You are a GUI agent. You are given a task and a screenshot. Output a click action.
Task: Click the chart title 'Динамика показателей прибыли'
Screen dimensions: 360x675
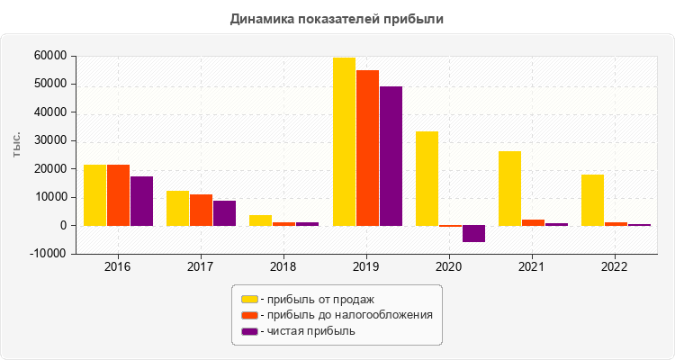[x=337, y=18]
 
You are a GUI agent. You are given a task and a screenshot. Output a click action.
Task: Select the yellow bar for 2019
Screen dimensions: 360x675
[x=344, y=141]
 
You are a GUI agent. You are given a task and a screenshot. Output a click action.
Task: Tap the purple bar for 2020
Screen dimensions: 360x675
[x=473, y=234]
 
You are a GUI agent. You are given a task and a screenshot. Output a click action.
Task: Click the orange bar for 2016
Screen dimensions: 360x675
[x=118, y=195]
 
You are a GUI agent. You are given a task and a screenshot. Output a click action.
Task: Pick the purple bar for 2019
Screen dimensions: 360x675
[x=391, y=156]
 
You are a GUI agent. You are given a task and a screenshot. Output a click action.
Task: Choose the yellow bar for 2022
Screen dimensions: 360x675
[x=592, y=200]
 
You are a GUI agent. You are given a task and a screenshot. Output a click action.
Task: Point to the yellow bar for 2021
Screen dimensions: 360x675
[x=509, y=188]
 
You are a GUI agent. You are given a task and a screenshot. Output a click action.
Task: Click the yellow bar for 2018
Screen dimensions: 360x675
[x=260, y=220]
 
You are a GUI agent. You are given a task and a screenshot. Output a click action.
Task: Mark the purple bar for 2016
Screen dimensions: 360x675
[x=141, y=201]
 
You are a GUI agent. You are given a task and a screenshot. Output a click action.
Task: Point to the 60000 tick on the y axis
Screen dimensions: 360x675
[x=49, y=56]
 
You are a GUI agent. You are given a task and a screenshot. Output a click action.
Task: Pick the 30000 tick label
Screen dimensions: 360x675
[x=49, y=140]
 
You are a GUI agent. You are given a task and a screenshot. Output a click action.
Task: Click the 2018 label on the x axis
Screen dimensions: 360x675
[x=283, y=267]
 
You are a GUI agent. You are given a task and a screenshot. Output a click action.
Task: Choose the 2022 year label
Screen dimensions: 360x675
[x=615, y=267]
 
